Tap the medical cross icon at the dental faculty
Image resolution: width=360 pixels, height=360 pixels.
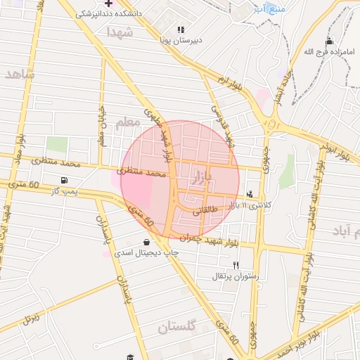click(x=108, y=3)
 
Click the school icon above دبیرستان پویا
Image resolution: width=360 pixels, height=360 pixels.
click(x=181, y=30)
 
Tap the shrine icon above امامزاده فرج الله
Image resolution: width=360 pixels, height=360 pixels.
click(x=330, y=41)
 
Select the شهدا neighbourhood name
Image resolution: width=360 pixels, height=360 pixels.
click(x=120, y=32)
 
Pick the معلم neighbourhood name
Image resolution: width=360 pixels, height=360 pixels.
click(x=127, y=123)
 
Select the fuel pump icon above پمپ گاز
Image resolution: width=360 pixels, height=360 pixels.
click(x=65, y=180)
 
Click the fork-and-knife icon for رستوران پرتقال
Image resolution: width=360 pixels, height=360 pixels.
click(x=236, y=265)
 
